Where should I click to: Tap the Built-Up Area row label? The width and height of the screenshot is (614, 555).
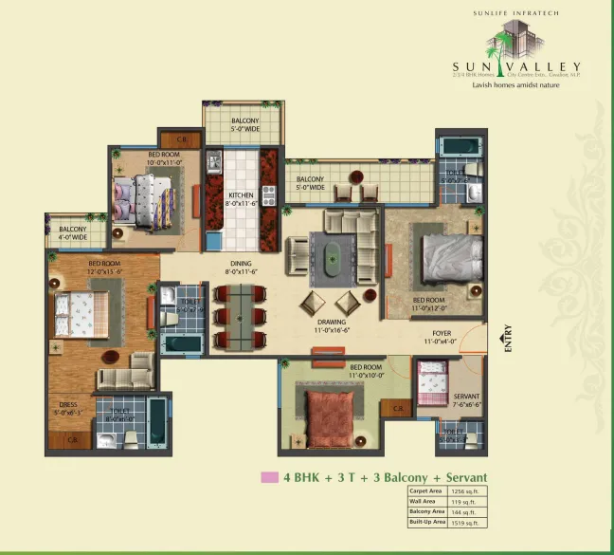click(428, 522)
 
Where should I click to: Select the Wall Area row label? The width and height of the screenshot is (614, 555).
click(423, 501)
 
